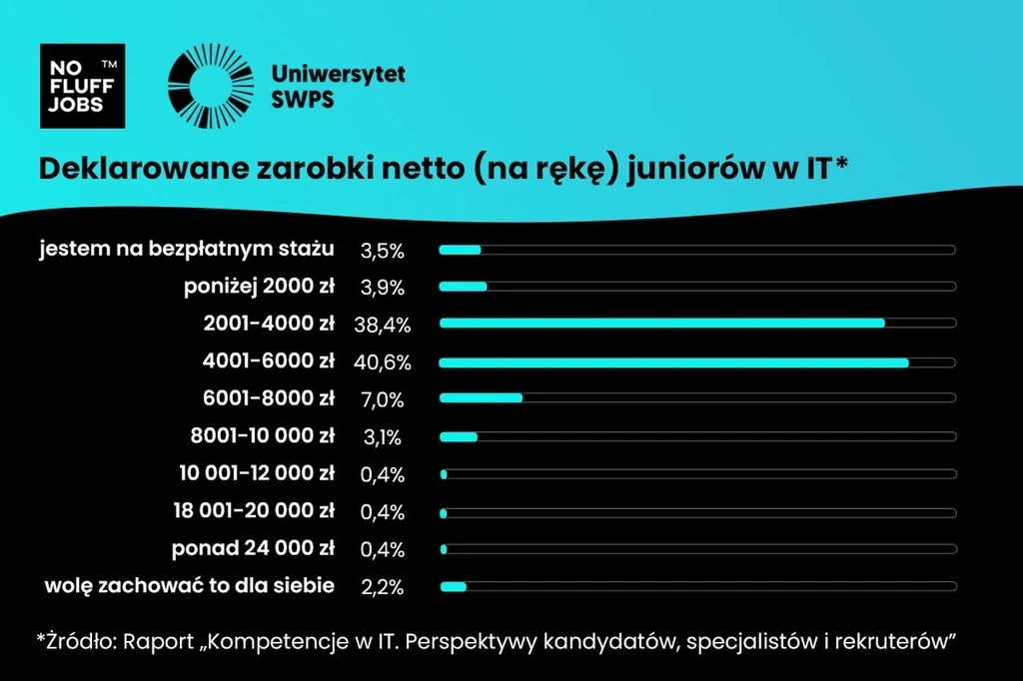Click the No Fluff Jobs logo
point(82,86)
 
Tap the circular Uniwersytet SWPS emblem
point(211,86)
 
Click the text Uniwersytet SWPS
point(338,87)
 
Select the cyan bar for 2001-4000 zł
point(661,323)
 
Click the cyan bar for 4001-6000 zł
point(673,361)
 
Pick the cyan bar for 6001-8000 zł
point(481,398)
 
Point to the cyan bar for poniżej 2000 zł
point(463,287)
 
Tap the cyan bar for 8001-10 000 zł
point(459,436)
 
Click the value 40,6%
point(382,362)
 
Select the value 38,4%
point(382,325)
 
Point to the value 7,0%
point(382,400)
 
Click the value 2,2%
point(382,587)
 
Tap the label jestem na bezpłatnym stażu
point(187,249)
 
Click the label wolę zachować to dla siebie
point(190,585)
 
